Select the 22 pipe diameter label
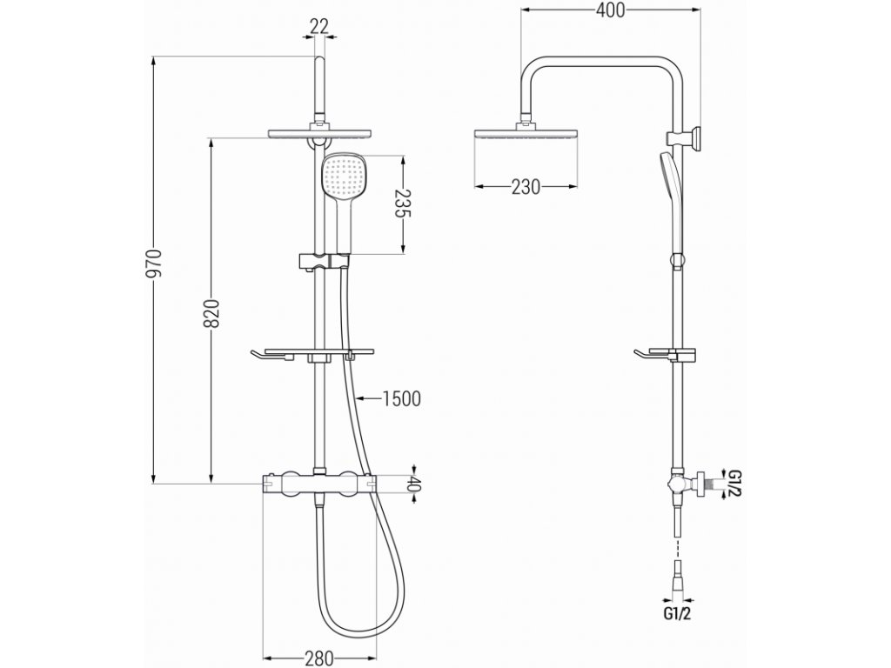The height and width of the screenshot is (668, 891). [319, 27]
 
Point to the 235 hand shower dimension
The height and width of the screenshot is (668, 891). [403, 204]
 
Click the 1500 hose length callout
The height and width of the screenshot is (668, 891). [401, 398]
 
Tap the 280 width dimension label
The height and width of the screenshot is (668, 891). [319, 658]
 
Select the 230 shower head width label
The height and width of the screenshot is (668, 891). [525, 187]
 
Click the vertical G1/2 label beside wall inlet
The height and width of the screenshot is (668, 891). [734, 483]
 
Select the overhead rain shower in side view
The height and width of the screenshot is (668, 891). [526, 137]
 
